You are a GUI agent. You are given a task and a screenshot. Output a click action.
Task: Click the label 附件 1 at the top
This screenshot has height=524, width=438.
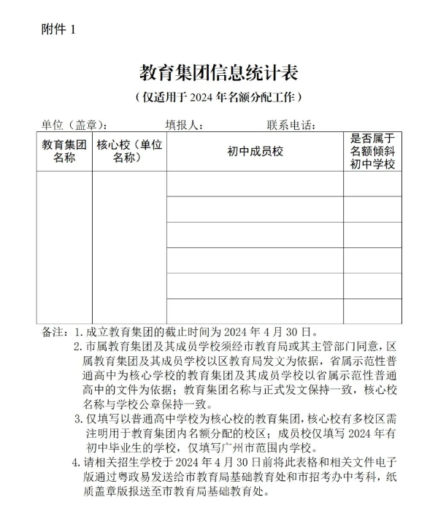click(58, 29)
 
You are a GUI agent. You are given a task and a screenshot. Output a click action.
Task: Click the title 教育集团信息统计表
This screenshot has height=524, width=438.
click(219, 73)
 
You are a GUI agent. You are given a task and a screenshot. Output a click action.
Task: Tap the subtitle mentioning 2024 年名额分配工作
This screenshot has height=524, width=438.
click(219, 97)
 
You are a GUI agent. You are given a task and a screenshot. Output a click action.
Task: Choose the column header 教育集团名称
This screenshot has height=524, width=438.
click(64, 152)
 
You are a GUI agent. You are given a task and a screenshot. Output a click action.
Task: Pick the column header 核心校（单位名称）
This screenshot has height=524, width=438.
click(129, 152)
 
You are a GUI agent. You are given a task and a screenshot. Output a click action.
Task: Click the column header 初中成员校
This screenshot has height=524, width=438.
click(255, 152)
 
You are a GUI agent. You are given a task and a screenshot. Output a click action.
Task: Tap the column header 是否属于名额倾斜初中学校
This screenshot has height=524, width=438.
click(372, 152)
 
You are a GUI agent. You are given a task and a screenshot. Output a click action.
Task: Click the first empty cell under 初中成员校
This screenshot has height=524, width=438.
click(255, 184)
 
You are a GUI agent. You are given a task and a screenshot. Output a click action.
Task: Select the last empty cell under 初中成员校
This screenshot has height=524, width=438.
click(255, 310)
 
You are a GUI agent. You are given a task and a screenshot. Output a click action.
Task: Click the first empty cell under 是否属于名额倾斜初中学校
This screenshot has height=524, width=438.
click(372, 184)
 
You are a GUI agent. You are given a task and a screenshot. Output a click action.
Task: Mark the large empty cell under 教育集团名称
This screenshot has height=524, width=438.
click(64, 247)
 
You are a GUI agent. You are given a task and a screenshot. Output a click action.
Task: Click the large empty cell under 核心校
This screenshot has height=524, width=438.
click(129, 247)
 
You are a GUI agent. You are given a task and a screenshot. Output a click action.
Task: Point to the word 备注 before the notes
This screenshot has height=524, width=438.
click(54, 332)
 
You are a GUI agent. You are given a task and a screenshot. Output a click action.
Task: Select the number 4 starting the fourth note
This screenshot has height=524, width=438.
click(76, 463)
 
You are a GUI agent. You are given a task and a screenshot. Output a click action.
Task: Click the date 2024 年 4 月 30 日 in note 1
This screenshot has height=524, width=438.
click(278, 332)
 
